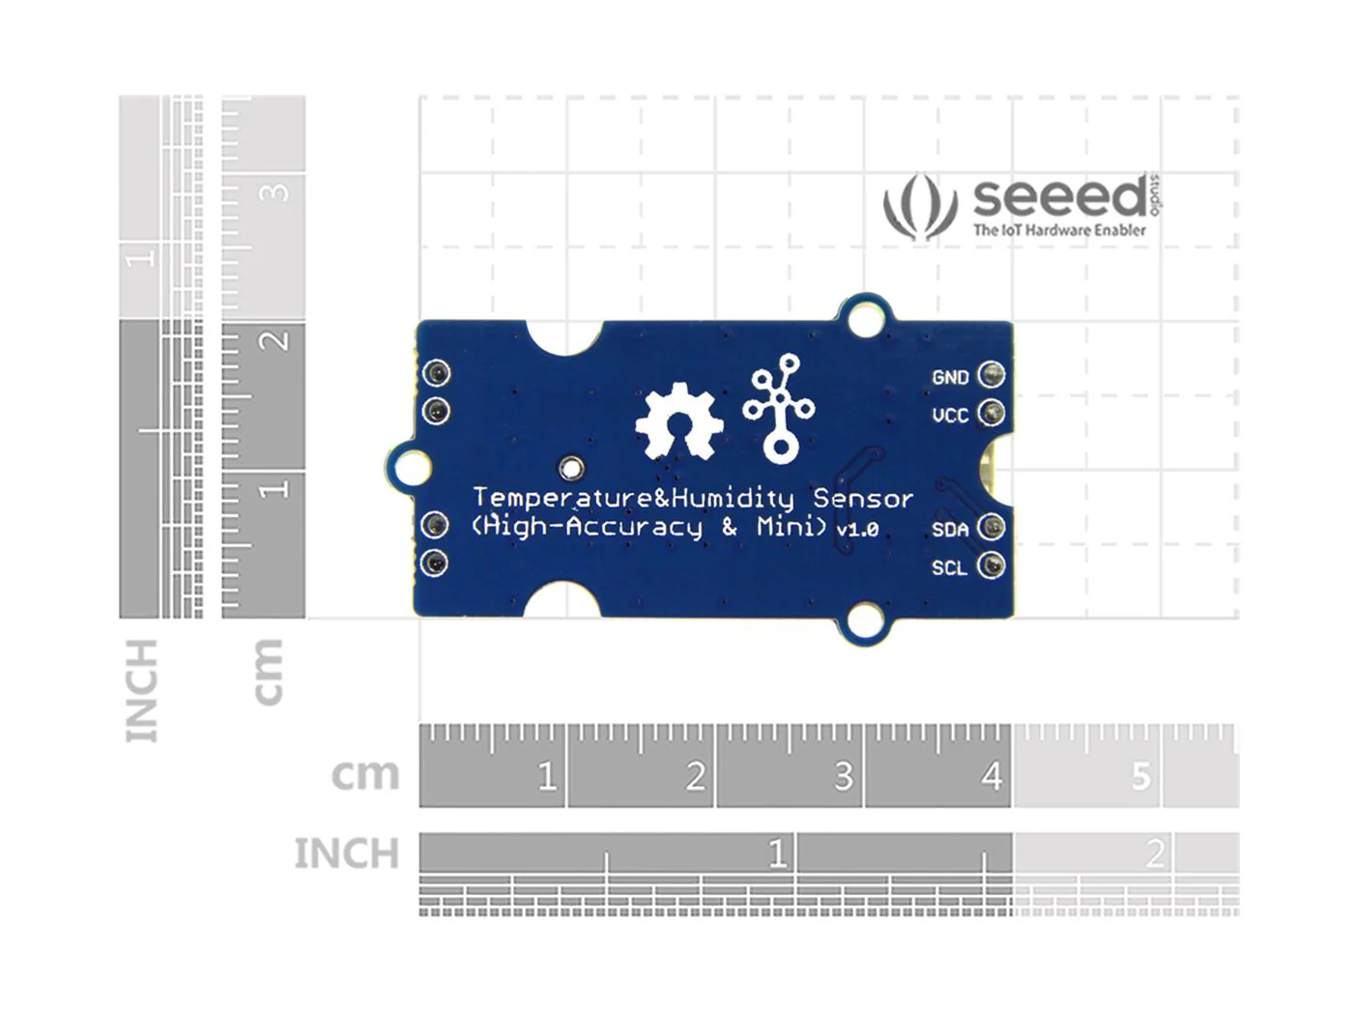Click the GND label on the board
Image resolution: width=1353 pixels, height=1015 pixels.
click(x=949, y=377)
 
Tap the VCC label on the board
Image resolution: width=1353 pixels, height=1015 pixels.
click(x=949, y=416)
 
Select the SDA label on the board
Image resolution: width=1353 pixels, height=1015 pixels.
click(x=949, y=530)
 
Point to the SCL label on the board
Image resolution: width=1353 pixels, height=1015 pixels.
click(x=949, y=568)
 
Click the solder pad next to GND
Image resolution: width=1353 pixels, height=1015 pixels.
click(x=992, y=375)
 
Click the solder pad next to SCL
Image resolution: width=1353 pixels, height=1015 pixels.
click(x=992, y=565)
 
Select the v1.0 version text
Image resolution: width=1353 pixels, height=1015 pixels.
click(x=857, y=530)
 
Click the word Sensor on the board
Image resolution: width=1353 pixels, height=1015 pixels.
click(x=862, y=499)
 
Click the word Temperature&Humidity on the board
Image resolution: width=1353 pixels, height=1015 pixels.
click(x=633, y=499)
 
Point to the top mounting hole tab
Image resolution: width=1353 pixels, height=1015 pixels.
click(x=865, y=316)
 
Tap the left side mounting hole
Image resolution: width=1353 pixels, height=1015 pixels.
click(x=411, y=467)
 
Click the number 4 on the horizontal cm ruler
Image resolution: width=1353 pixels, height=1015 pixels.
click(x=992, y=776)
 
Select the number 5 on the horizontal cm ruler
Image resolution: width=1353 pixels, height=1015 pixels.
click(x=1140, y=776)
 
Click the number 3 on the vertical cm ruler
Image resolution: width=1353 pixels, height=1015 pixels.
click(x=274, y=192)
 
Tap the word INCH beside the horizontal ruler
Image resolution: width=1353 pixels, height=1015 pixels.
click(x=346, y=854)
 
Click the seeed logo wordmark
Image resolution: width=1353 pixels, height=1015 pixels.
click(x=1060, y=197)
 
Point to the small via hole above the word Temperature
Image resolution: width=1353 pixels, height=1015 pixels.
click(x=571, y=469)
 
